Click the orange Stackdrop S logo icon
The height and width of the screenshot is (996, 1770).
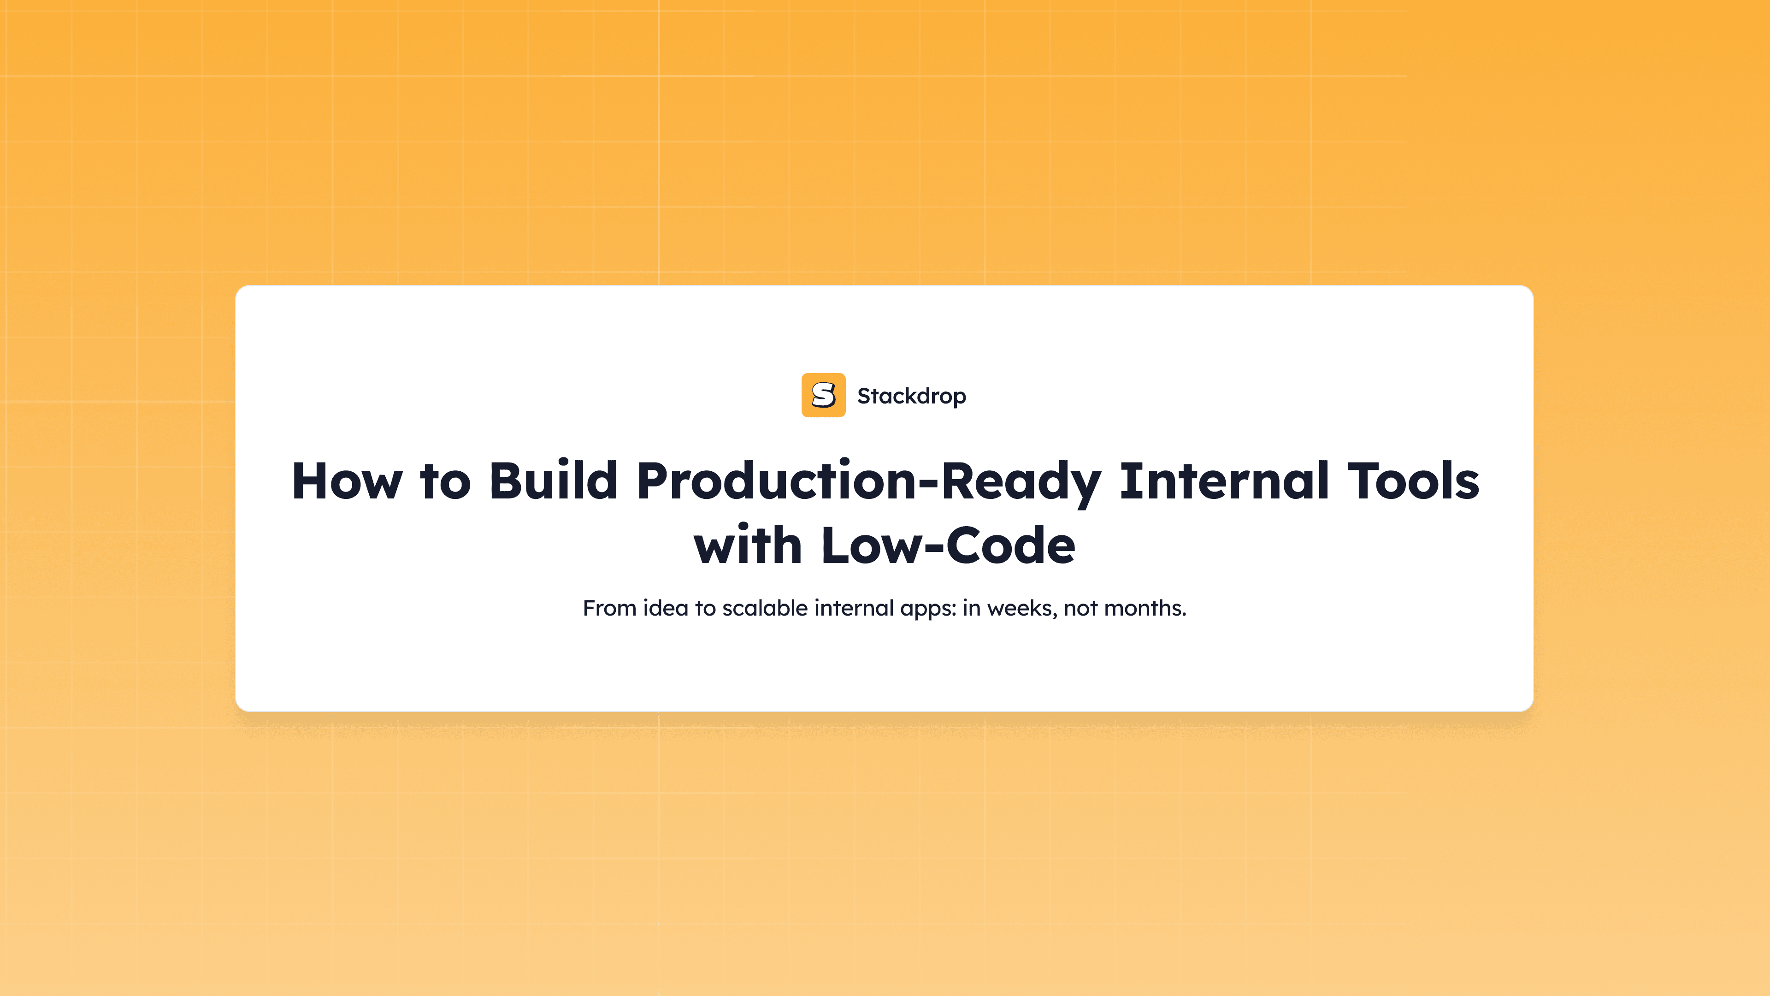tap(823, 395)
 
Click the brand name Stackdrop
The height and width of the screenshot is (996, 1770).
tap(911, 396)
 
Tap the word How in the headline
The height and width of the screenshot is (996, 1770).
tap(347, 481)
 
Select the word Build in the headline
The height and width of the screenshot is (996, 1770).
tap(553, 480)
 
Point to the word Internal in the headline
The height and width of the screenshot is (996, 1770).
tap(1224, 480)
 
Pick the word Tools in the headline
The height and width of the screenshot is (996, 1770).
tap(1413, 480)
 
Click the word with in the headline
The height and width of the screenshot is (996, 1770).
tap(748, 545)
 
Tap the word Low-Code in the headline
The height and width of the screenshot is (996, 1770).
tap(948, 545)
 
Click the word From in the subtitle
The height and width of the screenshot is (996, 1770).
tap(609, 608)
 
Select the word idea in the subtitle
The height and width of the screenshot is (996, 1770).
tap(665, 608)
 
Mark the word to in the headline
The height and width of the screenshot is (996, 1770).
tap(445, 481)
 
